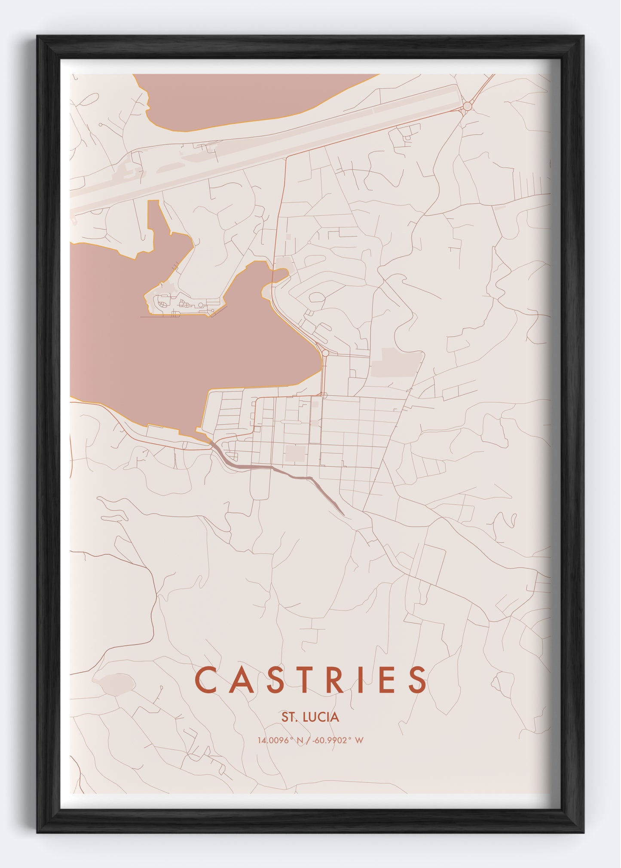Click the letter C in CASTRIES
point(205,680)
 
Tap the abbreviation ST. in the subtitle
point(289,717)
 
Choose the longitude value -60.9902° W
point(340,740)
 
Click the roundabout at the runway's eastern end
point(468,106)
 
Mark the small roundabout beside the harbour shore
point(325,353)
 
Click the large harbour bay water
point(180,356)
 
